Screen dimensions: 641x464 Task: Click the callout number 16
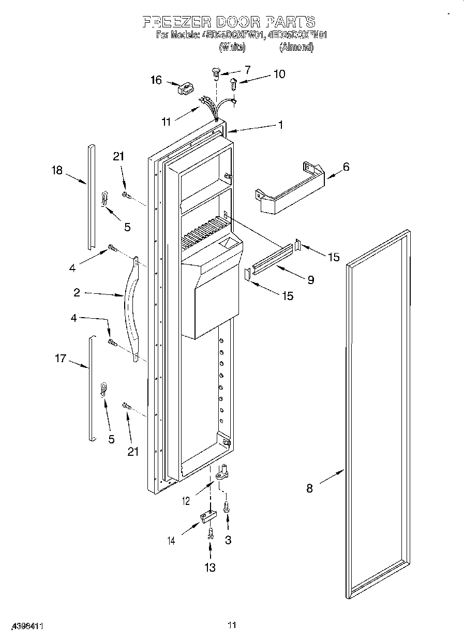(156, 80)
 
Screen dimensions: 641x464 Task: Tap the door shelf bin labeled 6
(290, 189)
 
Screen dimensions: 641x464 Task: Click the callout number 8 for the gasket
(309, 488)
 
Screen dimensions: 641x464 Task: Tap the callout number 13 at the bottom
(209, 568)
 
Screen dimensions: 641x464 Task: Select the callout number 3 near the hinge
(228, 540)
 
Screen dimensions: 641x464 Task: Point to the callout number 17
(61, 357)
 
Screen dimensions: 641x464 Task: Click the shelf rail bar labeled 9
(271, 260)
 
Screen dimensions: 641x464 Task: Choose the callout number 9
(310, 280)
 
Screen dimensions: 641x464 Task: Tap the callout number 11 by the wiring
(166, 122)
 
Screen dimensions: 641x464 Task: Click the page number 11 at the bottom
(232, 625)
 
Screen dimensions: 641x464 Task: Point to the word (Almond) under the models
(296, 47)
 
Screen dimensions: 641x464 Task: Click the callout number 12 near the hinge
(186, 500)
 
